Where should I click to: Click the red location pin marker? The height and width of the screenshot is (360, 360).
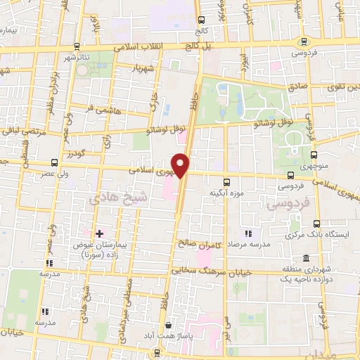[x=181, y=166]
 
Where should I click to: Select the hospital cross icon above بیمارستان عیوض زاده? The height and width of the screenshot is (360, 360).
[x=98, y=233]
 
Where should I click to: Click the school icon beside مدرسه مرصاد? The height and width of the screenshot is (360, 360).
[x=247, y=233]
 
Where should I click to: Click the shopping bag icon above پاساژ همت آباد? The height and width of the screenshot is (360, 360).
[x=169, y=325]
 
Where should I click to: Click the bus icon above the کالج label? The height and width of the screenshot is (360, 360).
[x=202, y=19]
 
